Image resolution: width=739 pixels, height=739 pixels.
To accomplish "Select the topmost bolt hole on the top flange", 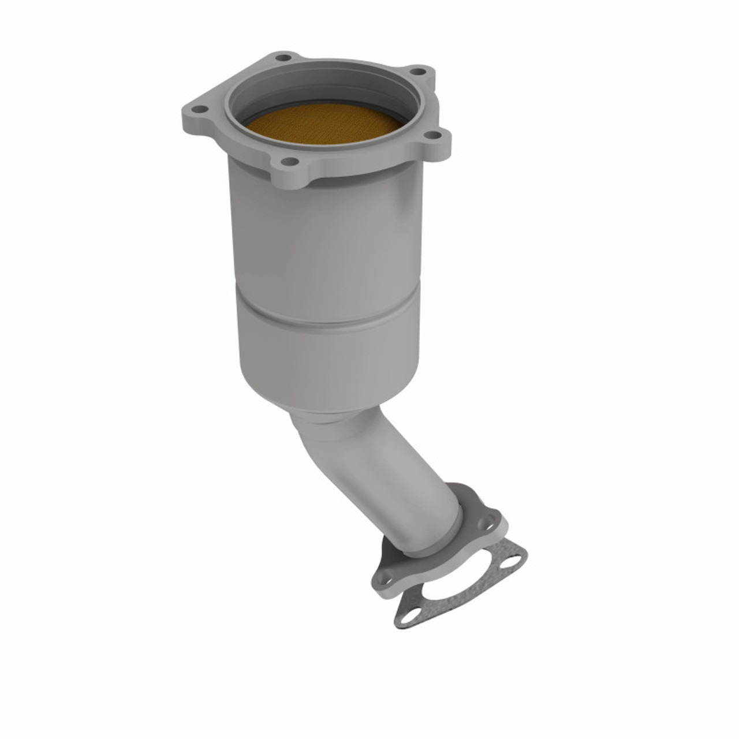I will (x=282, y=58).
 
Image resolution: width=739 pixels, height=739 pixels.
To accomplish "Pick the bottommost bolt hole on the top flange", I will (x=292, y=162).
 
